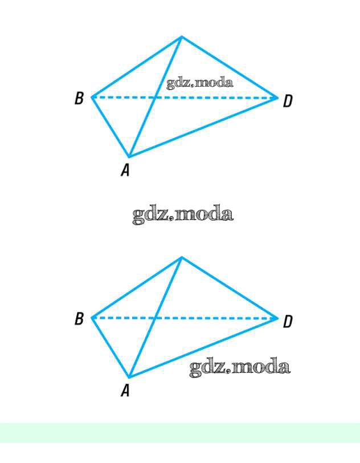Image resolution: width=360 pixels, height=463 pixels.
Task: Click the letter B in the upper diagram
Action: tap(79, 99)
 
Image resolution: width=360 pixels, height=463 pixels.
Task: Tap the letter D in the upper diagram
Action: tap(288, 101)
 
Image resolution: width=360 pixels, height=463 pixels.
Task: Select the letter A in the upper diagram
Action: tap(125, 170)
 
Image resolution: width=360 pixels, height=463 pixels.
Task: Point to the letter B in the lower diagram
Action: tap(79, 319)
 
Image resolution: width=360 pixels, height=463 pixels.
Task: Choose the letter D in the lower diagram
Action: tap(288, 322)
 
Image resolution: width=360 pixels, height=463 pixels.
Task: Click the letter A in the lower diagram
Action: tap(125, 390)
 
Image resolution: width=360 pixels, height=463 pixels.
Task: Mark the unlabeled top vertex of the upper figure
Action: tap(181, 37)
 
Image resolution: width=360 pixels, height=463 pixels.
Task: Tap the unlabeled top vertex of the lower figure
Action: tap(181, 258)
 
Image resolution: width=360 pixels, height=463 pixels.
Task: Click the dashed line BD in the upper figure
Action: tap(216, 98)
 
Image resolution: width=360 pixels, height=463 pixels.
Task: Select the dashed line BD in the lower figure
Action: tap(216, 318)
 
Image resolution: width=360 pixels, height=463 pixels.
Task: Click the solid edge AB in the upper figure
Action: tap(110, 127)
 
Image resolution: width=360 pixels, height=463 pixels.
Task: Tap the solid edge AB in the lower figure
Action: tap(110, 347)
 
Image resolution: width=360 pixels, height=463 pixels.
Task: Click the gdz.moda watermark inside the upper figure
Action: tap(200, 83)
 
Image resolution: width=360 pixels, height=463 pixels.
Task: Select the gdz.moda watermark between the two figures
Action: tap(183, 215)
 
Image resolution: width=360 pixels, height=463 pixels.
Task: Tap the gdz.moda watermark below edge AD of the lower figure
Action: tap(240, 367)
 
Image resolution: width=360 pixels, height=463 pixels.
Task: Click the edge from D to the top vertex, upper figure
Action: tap(230, 67)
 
